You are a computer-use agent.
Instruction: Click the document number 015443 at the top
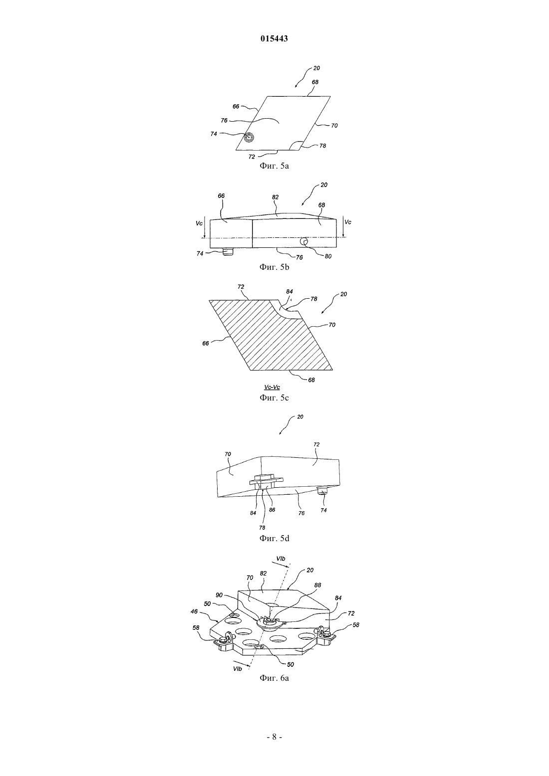(x=274, y=39)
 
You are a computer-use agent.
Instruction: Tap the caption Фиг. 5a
(x=274, y=166)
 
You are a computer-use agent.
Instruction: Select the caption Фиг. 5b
(x=274, y=267)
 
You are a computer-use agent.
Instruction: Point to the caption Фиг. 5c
(x=274, y=397)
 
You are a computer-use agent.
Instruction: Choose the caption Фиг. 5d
(x=274, y=538)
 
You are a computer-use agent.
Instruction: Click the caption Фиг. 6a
(x=274, y=678)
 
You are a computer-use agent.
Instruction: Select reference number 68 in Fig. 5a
(x=315, y=82)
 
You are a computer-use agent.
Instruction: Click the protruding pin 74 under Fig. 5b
(x=228, y=251)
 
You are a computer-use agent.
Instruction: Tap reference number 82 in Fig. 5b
(x=275, y=197)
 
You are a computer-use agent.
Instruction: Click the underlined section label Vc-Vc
(x=272, y=387)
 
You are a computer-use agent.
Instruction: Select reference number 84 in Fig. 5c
(x=289, y=292)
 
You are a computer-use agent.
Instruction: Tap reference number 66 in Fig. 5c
(x=206, y=343)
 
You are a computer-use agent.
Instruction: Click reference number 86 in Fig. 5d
(x=272, y=510)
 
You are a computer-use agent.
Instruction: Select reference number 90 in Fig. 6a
(x=219, y=595)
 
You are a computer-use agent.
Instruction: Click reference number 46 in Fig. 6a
(x=194, y=612)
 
